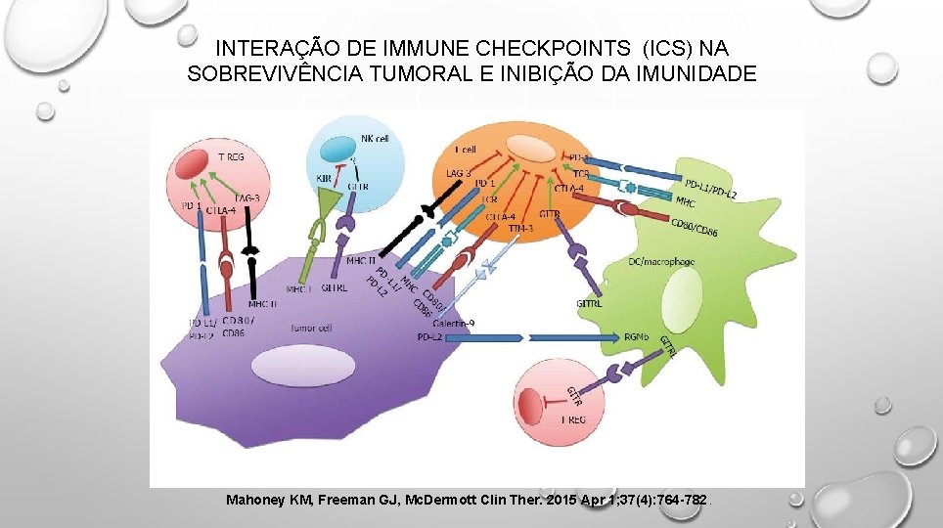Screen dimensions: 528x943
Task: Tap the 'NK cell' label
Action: (x=374, y=139)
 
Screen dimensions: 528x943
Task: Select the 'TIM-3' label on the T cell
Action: (x=521, y=227)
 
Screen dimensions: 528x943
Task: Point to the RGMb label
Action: (x=635, y=336)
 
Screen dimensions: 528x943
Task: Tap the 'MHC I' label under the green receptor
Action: (x=298, y=289)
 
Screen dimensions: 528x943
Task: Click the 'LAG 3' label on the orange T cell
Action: (x=458, y=173)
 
